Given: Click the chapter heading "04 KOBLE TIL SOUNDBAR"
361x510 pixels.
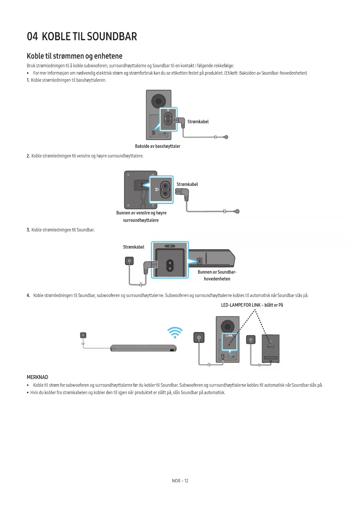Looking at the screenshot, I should (82, 37).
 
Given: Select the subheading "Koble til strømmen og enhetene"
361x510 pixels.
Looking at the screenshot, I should (74, 56).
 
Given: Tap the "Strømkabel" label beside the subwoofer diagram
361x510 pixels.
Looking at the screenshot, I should (198, 122).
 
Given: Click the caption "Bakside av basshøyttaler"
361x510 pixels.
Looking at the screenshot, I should (157, 146).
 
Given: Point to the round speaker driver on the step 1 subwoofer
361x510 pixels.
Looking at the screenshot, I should (159, 101).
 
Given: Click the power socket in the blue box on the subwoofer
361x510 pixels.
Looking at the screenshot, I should (168, 119).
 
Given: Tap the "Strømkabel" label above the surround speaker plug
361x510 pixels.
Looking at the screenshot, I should (187, 184).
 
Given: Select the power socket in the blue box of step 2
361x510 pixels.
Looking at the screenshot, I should (165, 189).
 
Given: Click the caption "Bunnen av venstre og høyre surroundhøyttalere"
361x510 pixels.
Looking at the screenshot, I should (141, 216).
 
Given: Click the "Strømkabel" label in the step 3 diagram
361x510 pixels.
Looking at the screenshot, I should (134, 247).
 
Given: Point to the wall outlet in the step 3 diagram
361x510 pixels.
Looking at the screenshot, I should (129, 261).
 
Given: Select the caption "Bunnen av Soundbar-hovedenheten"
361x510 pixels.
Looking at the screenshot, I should (217, 275).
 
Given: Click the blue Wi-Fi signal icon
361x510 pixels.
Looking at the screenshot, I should (175, 332).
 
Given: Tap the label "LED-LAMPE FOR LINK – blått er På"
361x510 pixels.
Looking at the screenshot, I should (252, 305).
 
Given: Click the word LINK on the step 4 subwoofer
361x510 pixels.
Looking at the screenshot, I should (229, 336).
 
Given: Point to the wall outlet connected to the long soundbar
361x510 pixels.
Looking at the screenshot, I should (83, 335).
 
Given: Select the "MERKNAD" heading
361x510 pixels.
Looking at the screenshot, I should (37, 377).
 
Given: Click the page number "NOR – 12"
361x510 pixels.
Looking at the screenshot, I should (180, 481).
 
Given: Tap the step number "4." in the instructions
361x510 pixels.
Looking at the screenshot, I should (28, 295).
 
